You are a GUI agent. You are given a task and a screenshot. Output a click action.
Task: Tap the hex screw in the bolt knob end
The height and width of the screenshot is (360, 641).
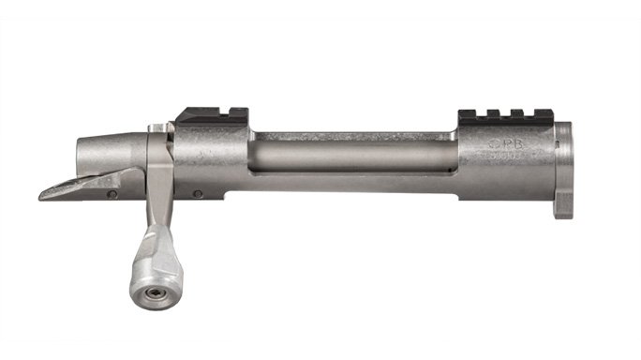pyautogui.click(x=150, y=299)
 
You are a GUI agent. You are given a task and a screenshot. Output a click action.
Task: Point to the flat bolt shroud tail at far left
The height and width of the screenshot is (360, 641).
pyautogui.click(x=75, y=187)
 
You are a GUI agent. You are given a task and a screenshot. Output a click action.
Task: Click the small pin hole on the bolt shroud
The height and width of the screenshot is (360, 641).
pyautogui.click(x=112, y=194)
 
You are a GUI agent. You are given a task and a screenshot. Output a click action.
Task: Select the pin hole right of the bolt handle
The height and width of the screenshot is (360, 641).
pyautogui.click(x=198, y=194)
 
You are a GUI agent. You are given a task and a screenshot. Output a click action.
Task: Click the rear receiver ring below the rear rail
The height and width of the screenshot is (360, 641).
pyautogui.click(x=212, y=159)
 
